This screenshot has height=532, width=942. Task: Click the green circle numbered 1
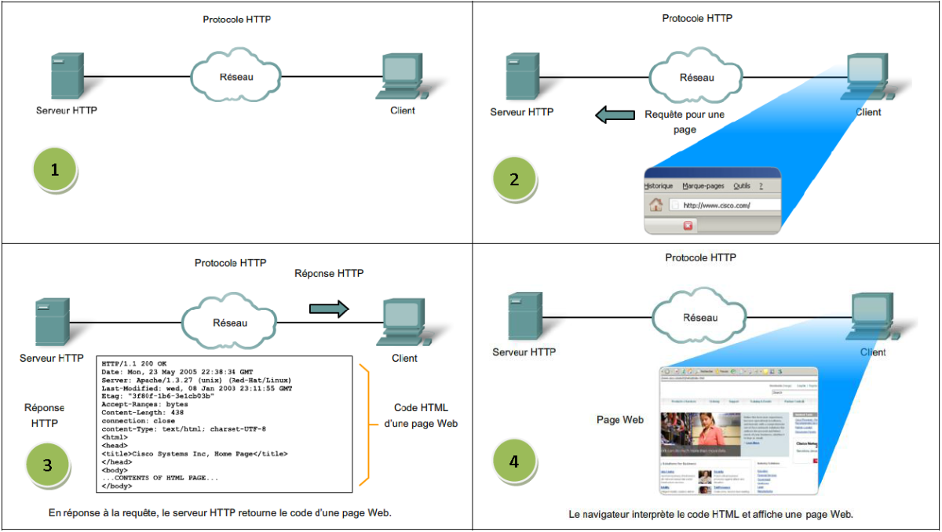[55, 169]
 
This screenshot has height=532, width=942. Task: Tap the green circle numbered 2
[514, 179]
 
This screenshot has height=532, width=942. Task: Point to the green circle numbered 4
[514, 461]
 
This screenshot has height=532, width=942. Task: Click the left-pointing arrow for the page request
[615, 115]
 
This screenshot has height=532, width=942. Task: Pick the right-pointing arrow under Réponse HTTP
[329, 308]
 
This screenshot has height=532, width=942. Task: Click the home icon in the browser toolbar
[655, 206]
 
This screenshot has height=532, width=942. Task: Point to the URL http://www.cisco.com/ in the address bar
[717, 206]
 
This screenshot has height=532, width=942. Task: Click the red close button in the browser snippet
[688, 226]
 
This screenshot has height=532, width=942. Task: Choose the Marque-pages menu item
[704, 186]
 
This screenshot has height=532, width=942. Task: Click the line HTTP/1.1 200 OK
[134, 363]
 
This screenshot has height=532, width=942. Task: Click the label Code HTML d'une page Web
[420, 416]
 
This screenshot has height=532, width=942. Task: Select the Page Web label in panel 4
[620, 420]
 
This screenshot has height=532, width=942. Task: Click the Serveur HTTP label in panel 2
[521, 112]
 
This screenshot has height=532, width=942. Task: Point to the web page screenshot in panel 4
[739, 431]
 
